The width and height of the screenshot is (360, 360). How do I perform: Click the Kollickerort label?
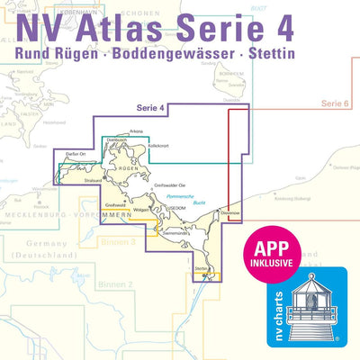point(158,147)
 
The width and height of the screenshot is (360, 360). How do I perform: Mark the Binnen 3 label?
point(119,242)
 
